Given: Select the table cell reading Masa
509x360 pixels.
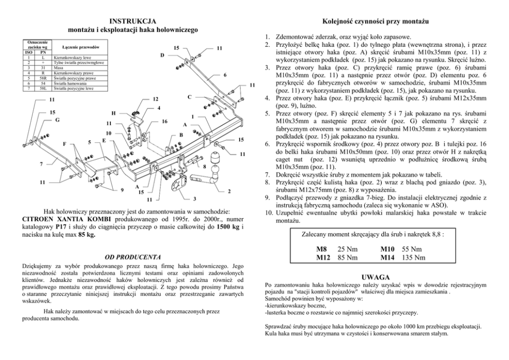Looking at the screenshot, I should tap(58, 67).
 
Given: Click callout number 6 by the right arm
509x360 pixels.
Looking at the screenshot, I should tap(225, 75).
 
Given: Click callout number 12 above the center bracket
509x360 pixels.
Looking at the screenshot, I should tap(156, 99).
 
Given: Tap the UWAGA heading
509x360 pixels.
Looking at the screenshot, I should tap(379, 276).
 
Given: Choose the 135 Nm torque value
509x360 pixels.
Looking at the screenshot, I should tap(414, 257).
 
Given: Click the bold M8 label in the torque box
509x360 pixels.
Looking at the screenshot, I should tap(321, 249).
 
